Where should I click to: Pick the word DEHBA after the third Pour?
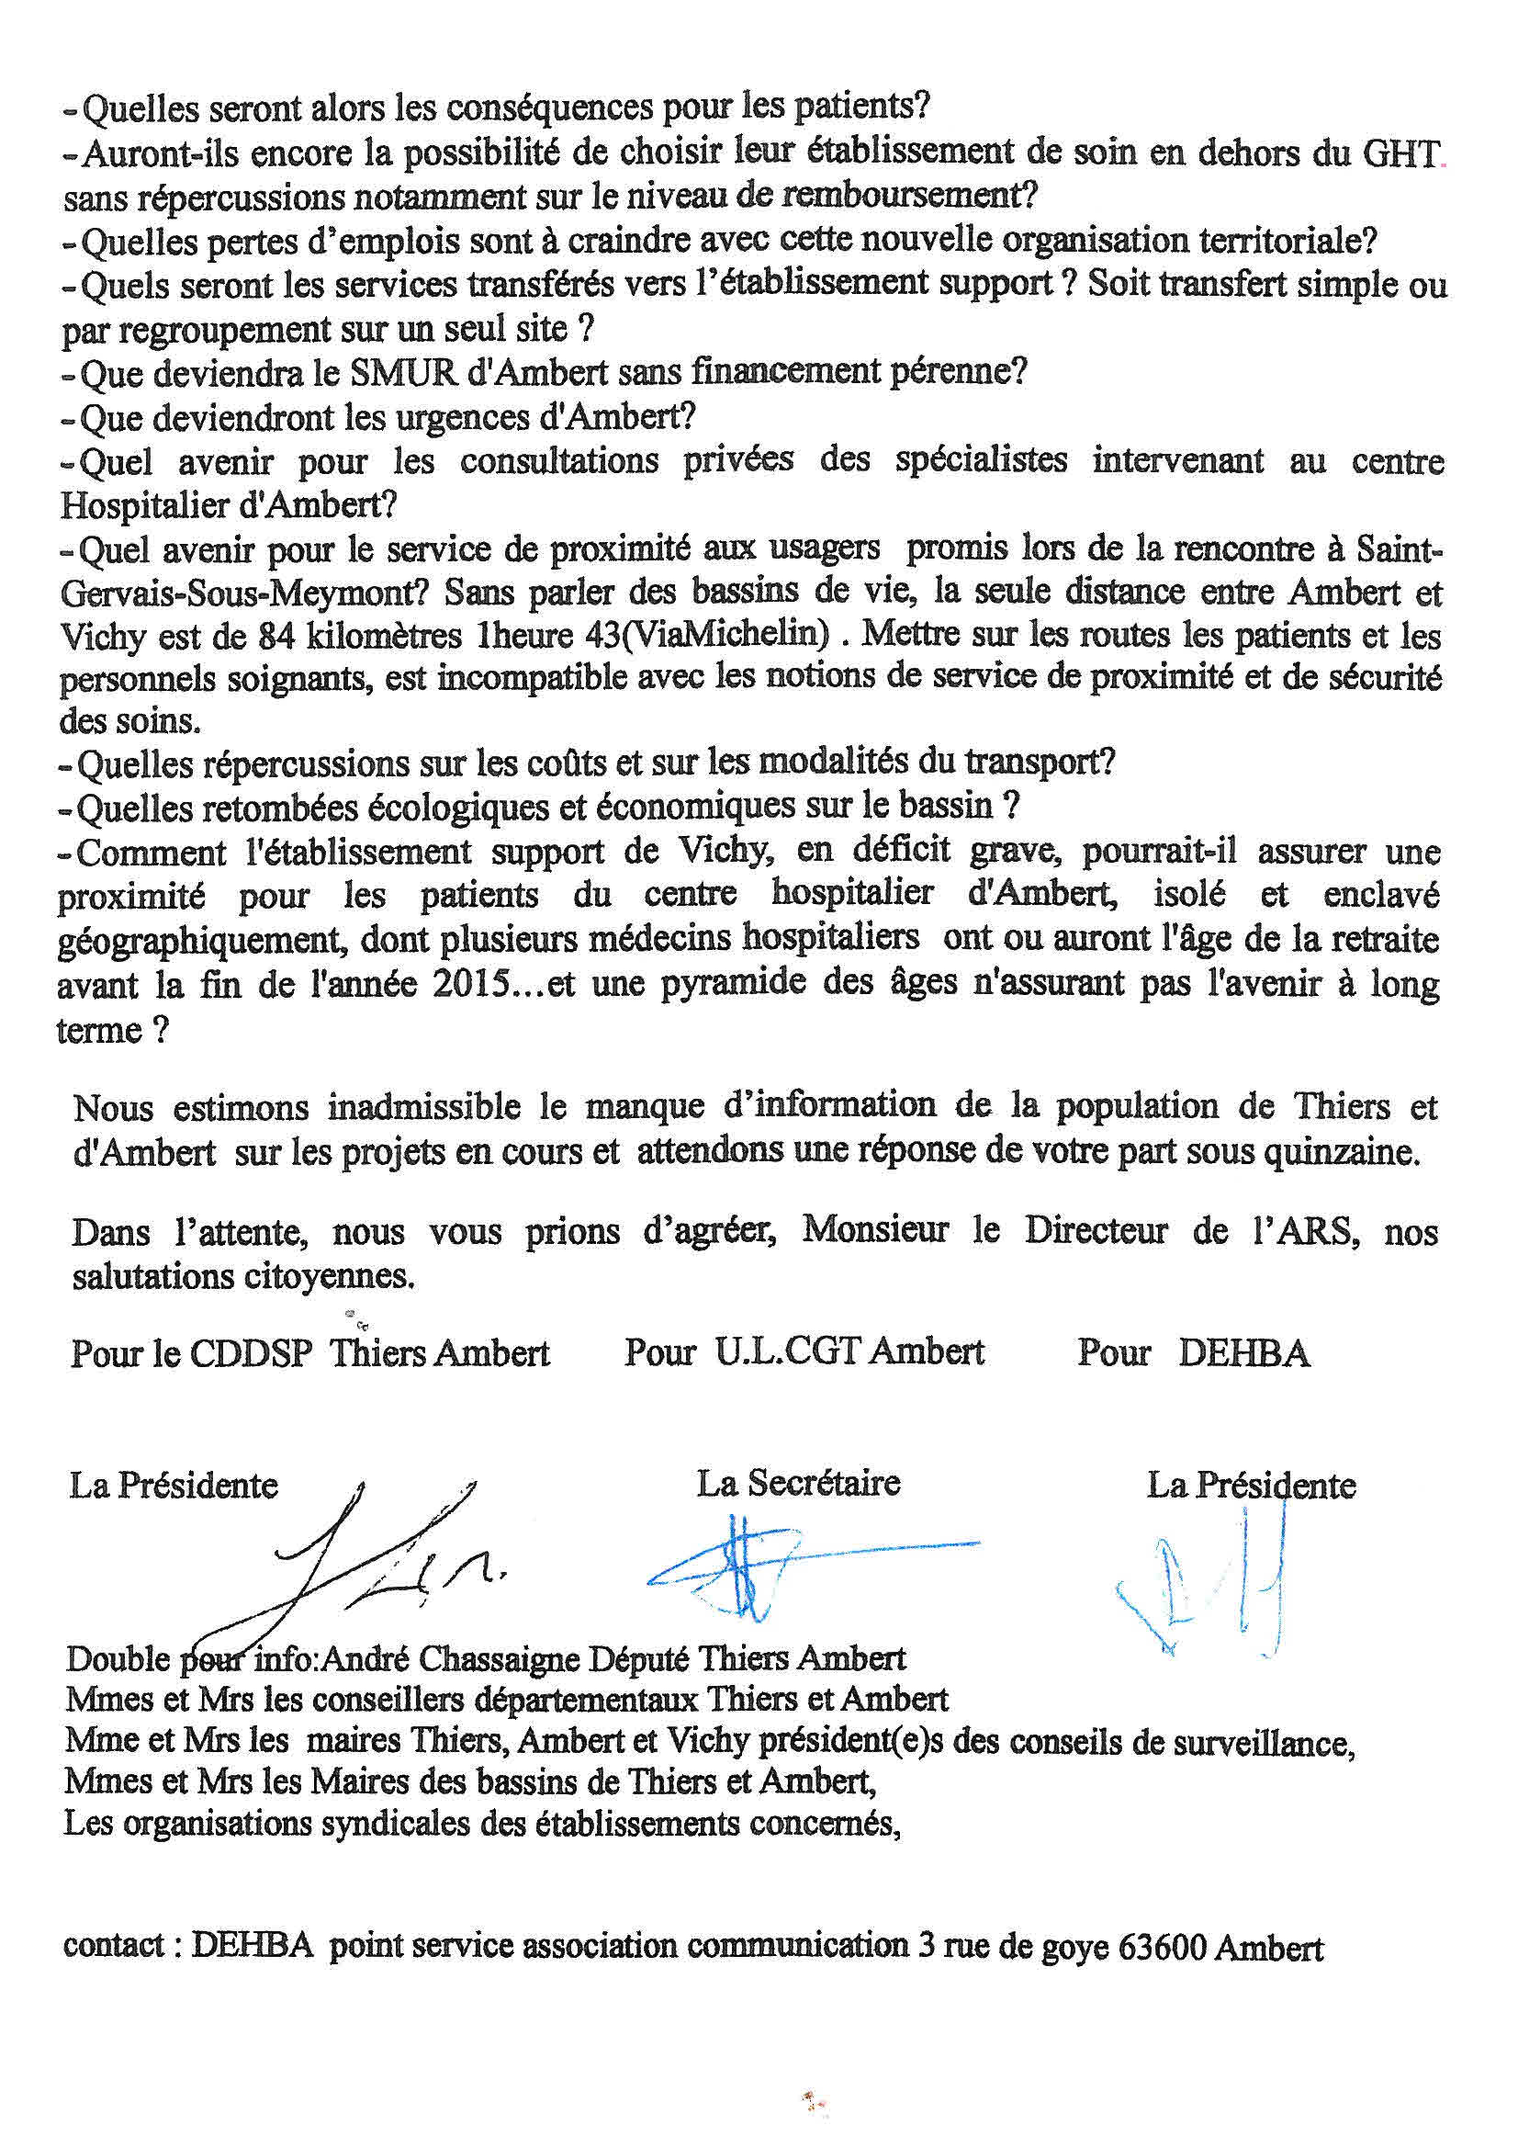(1244, 1353)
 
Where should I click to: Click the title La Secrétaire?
(798, 1483)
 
